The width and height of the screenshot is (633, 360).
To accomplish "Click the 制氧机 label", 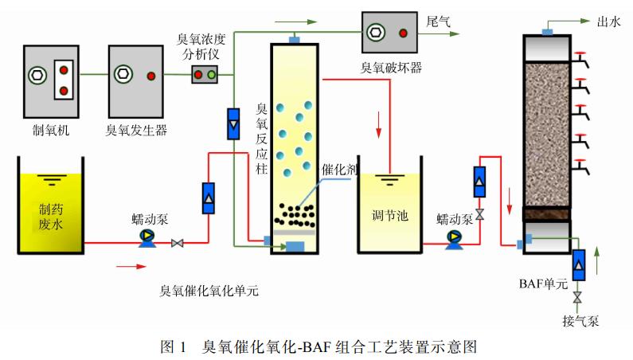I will click(x=50, y=129).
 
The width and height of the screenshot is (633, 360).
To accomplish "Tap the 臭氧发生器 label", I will click(x=137, y=129).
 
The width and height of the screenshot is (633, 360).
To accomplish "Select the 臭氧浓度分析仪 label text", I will click(x=203, y=46).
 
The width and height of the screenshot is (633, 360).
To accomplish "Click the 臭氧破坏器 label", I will click(x=391, y=68).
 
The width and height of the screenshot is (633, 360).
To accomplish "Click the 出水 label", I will click(x=609, y=22).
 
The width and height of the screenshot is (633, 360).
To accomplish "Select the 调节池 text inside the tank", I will click(x=389, y=215).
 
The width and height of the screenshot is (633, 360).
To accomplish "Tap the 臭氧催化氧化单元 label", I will click(x=209, y=291).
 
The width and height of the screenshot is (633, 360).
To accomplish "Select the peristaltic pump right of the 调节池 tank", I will click(x=455, y=237).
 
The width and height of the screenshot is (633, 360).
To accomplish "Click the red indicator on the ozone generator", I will click(x=150, y=76).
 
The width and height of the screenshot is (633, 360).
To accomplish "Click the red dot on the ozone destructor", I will click(x=404, y=33).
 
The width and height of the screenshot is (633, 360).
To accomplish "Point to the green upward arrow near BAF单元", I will click(x=596, y=260).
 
